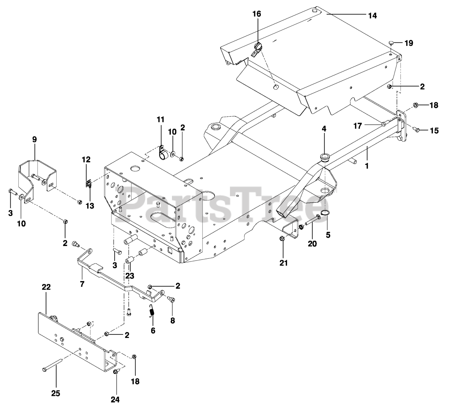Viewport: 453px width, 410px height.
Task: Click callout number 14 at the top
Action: [372, 16]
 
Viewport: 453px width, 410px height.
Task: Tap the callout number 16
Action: [257, 14]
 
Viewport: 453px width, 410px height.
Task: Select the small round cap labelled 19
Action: [391, 43]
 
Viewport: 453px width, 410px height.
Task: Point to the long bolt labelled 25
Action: [53, 369]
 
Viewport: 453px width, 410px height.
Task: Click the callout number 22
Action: [46, 287]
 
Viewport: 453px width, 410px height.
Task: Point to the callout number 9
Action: [34, 139]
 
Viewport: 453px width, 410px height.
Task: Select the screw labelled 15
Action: [416, 130]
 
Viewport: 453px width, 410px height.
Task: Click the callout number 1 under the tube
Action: [367, 165]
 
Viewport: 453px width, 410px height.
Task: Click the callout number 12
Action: [86, 160]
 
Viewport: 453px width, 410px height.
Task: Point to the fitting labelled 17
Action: [384, 123]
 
